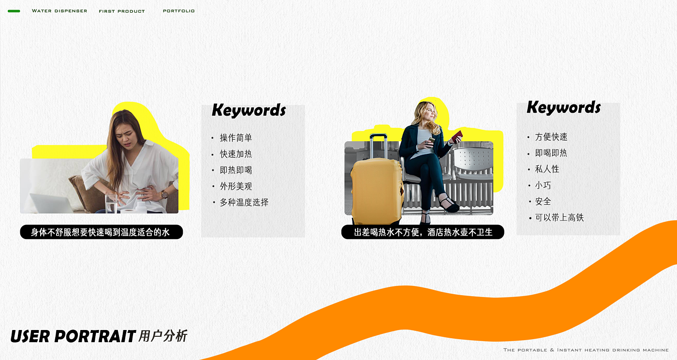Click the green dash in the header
[14, 11]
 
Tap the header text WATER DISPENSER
[59, 11]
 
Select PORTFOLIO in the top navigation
[178, 11]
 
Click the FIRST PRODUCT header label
[122, 11]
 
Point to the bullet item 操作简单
[236, 138]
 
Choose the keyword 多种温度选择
[244, 202]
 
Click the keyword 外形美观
[236, 186]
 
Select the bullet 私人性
[547, 169]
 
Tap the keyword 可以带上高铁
[559, 218]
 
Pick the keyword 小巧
[543, 185]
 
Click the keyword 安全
[543, 201]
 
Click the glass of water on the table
[111, 204]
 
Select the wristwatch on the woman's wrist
[164, 194]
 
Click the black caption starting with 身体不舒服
[101, 232]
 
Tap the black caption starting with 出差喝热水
[423, 232]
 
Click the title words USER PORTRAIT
[73, 336]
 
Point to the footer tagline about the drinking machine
[586, 350]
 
